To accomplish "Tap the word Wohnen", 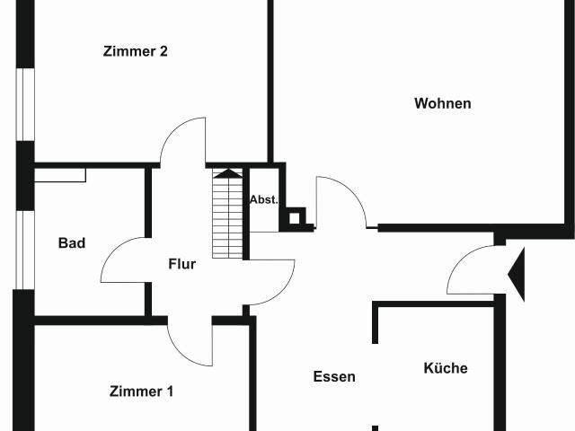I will [x=442, y=103].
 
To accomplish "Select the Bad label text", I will [x=72, y=242].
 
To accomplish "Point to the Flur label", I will [x=181, y=264].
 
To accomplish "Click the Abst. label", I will [x=263, y=199].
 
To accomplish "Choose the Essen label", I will [x=334, y=377].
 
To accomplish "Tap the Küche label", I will [x=446, y=368].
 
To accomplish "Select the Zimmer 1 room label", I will [x=141, y=391].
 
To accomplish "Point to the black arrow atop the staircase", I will [x=229, y=172].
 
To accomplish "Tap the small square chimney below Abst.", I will [x=294, y=217].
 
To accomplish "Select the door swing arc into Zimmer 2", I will [x=185, y=142].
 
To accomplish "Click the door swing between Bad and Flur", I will [x=124, y=260].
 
